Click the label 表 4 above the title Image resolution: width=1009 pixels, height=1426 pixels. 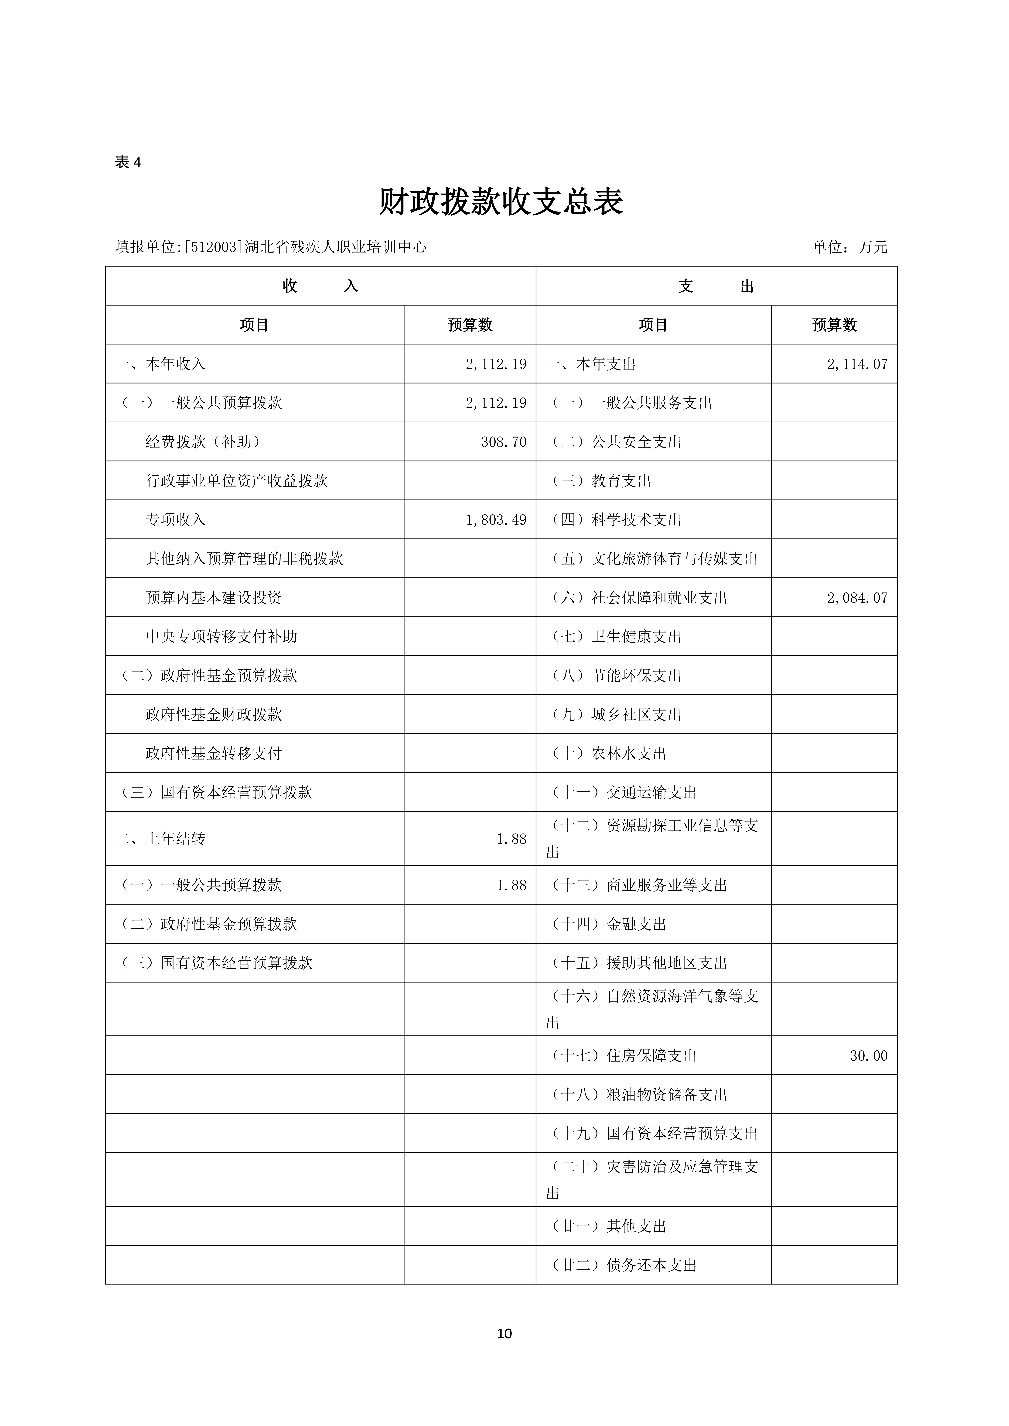[128, 162]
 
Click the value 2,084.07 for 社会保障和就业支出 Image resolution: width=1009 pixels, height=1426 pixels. [857, 598]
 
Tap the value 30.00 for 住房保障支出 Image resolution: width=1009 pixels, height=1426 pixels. [869, 1056]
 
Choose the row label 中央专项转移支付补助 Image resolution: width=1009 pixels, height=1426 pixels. [221, 637]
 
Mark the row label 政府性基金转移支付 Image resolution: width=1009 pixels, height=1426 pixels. [214, 753]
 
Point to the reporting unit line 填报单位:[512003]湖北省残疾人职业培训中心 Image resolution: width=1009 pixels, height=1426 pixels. [271, 247]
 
